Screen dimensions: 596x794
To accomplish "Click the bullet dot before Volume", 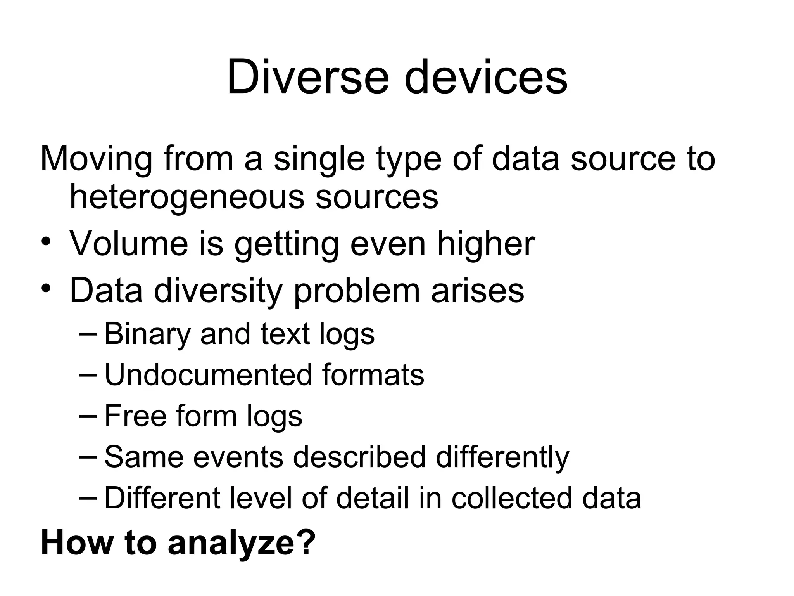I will pos(46,243).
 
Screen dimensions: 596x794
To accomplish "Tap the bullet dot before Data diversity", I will pos(46,289).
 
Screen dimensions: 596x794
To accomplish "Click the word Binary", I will pos(147,334).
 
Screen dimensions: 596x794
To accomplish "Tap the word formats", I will pos(373,375).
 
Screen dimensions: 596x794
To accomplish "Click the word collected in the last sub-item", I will pos(511,498).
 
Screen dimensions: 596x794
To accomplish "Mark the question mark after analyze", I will pos(307,542).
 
